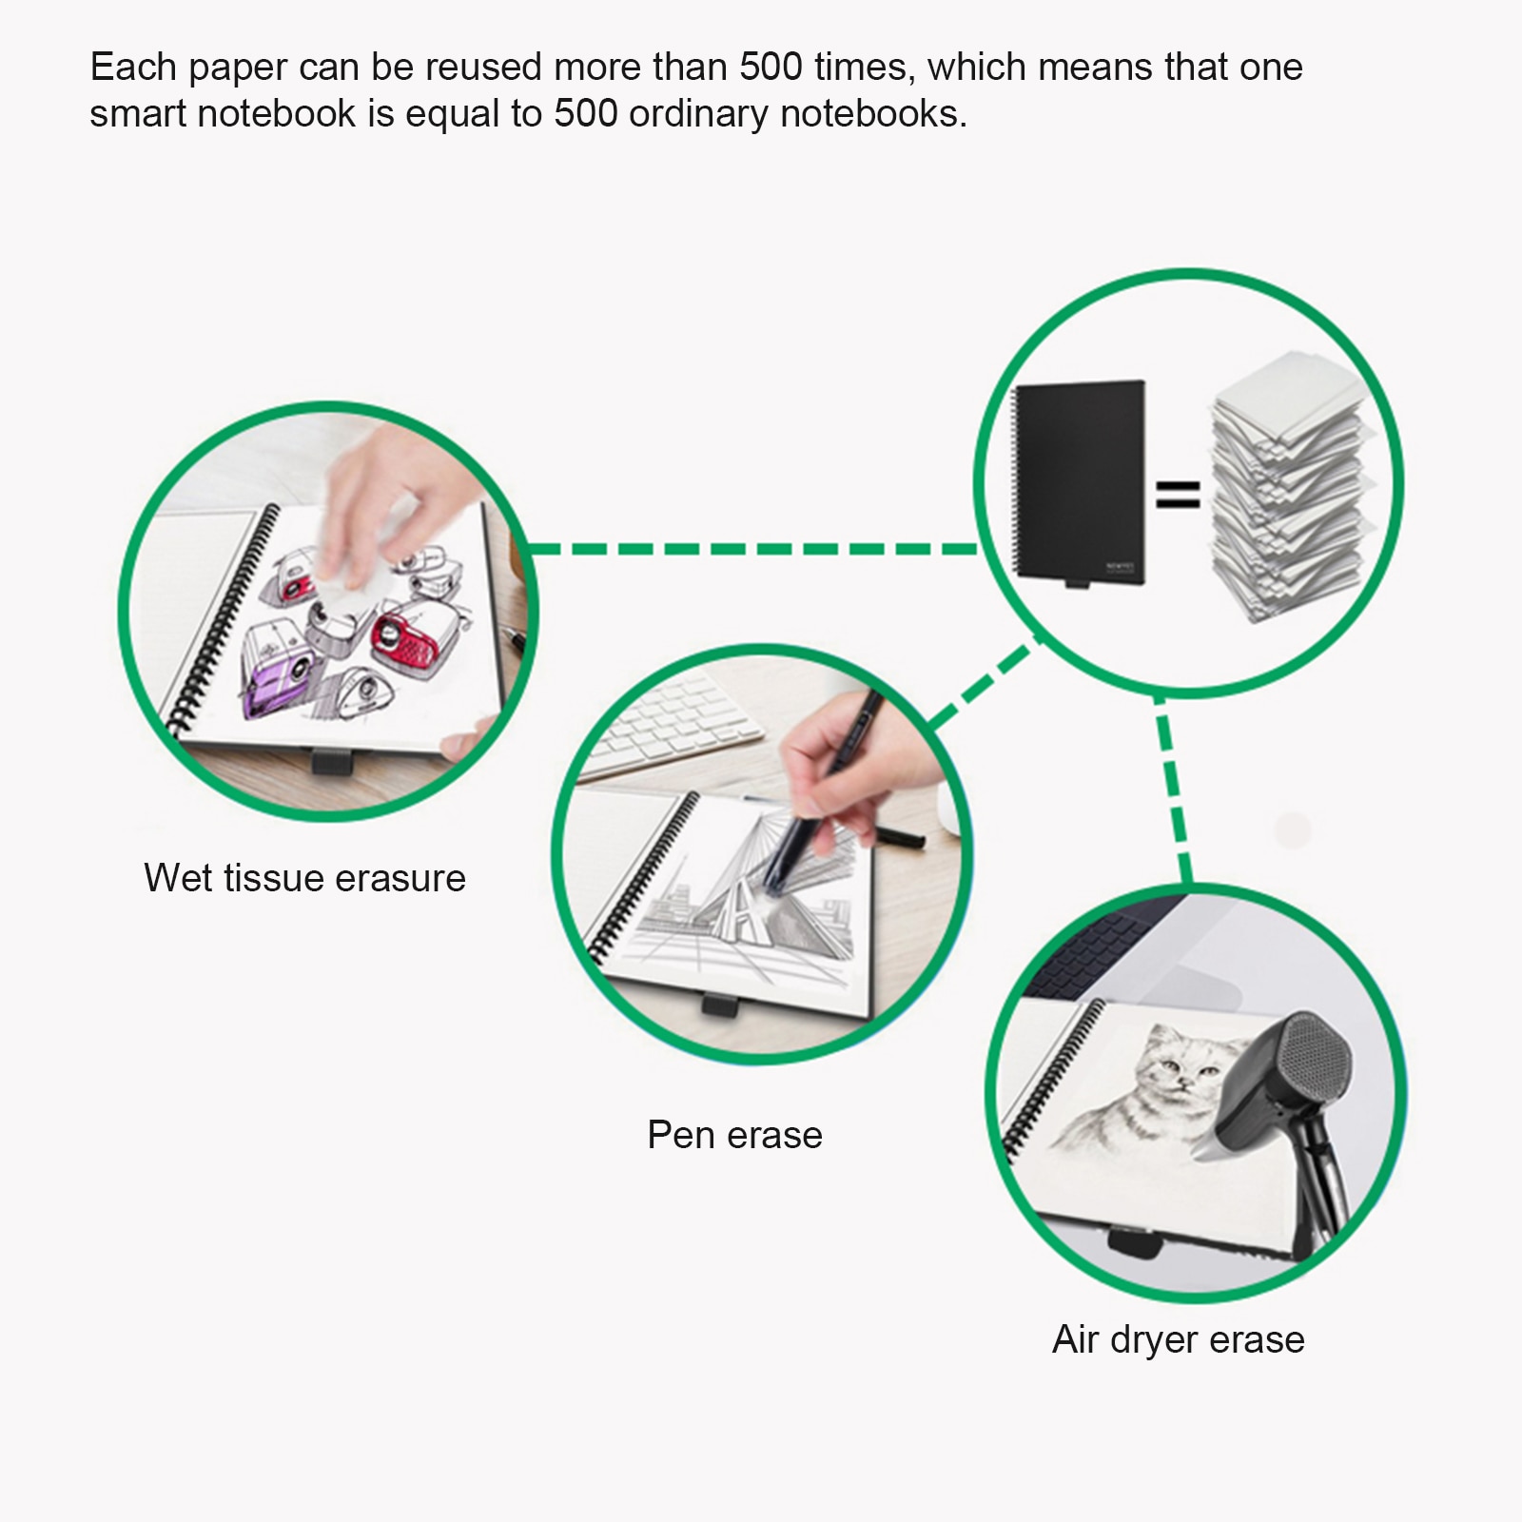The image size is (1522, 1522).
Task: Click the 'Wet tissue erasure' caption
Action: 304,878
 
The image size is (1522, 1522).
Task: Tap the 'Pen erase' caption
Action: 734,1135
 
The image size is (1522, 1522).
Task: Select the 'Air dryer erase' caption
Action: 1179,1339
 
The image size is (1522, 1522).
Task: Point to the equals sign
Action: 1178,494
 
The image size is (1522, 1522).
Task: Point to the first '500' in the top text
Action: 771,68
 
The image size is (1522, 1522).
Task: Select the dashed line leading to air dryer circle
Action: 1172,790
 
